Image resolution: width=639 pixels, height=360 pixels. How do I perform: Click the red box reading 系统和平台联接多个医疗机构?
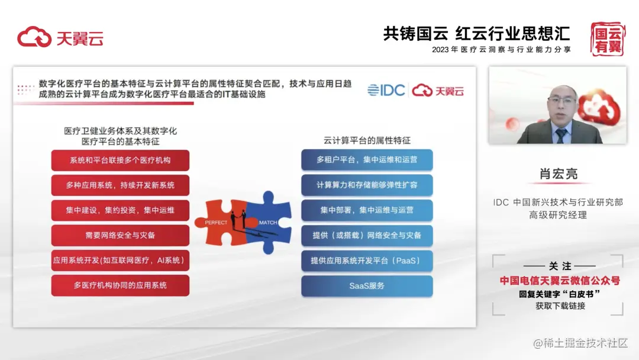pos(120,160)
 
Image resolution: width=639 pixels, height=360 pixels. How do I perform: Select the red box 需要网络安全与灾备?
pos(120,235)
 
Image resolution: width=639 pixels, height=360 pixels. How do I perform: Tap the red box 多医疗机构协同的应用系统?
pos(120,285)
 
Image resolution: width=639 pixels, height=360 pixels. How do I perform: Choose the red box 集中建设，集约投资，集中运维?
pos(120,210)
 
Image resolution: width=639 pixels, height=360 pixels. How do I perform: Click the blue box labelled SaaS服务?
pos(367,286)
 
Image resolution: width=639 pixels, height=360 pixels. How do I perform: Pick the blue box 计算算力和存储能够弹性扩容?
pos(367,185)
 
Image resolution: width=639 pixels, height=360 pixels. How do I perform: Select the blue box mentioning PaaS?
pos(367,261)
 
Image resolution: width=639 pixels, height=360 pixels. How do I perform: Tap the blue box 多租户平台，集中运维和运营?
pos(367,160)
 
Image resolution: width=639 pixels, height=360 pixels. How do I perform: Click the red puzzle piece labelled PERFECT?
pos(220,223)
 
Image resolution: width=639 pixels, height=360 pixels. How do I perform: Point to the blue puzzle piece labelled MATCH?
pos(270,223)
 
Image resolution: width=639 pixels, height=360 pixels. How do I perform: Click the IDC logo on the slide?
pos(386,90)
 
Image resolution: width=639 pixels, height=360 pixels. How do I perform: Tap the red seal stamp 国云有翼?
pos(608,38)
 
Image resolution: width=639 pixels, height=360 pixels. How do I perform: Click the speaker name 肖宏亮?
pos(559,174)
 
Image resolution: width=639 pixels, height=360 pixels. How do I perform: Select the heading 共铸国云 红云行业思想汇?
pos(476,33)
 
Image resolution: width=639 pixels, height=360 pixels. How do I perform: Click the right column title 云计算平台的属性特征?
pos(367,141)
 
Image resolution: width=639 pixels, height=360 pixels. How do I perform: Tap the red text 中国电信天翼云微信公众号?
pos(560,281)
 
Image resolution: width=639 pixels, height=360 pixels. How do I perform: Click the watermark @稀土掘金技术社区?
pos(580,343)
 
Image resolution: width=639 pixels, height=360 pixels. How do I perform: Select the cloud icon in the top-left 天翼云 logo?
pos(34,37)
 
